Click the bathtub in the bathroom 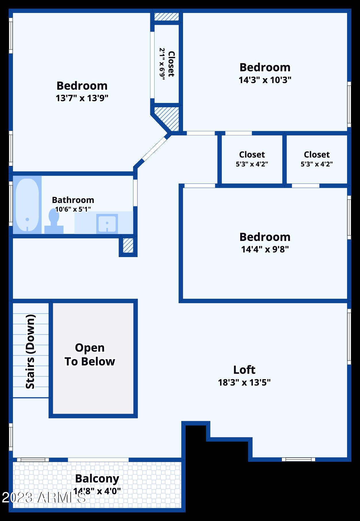(x=27, y=205)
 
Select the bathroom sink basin (x=107, y=223)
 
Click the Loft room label (x=244, y=370)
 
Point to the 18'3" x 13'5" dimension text (x=244, y=382)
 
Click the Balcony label (x=97, y=478)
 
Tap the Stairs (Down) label (x=30, y=351)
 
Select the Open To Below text (x=90, y=355)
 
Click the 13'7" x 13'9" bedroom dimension (x=82, y=98)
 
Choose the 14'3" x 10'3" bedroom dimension (x=265, y=80)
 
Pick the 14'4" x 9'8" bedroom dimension (x=265, y=249)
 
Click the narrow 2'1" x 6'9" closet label (x=167, y=64)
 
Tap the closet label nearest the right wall (x=317, y=155)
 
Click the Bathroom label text (x=73, y=200)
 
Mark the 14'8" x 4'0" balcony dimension (x=97, y=491)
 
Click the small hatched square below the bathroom (x=128, y=246)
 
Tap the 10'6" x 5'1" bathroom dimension (x=73, y=209)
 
